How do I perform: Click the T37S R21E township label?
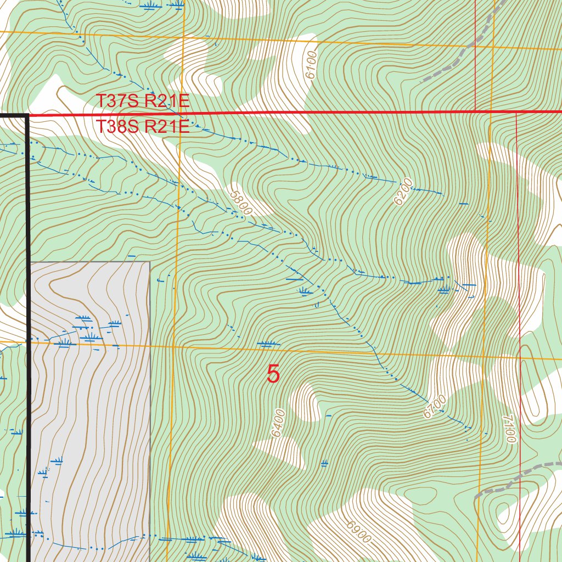click(x=143, y=101)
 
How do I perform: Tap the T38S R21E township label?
click(x=143, y=127)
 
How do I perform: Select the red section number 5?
click(x=273, y=374)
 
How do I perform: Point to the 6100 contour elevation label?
click(x=311, y=65)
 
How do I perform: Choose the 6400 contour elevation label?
click(x=279, y=423)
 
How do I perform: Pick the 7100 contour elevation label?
click(x=511, y=428)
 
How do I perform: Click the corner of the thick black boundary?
click(x=27, y=115)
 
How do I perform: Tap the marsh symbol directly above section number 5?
click(x=266, y=344)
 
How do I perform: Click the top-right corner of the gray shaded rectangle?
click(x=150, y=262)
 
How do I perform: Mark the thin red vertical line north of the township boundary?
click(x=475, y=55)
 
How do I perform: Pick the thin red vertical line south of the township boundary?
click(x=519, y=274)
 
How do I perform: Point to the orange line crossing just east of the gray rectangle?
click(x=172, y=347)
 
